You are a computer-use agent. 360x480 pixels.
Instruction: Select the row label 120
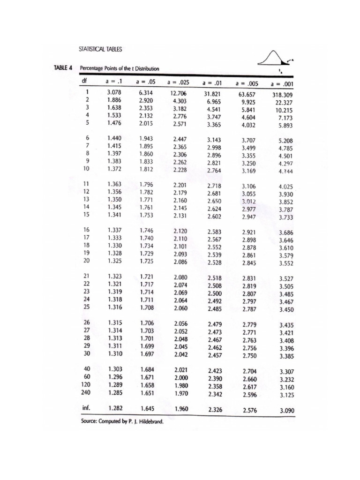point(84,384)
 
